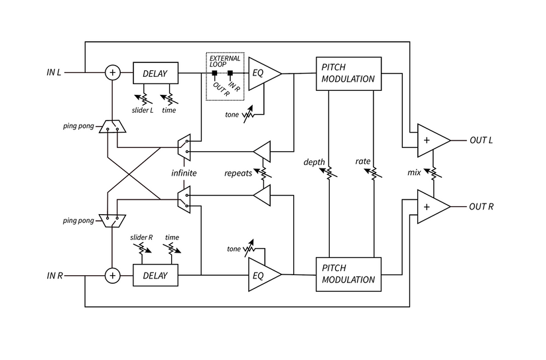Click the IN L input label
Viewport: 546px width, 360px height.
(x=54, y=72)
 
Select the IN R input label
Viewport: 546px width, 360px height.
(x=54, y=275)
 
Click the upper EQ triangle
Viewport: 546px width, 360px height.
(x=261, y=73)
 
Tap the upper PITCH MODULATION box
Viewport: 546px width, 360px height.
(x=348, y=74)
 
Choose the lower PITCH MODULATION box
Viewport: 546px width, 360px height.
(x=348, y=274)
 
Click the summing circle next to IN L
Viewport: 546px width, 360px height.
(x=113, y=73)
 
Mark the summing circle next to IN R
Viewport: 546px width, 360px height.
(x=113, y=275)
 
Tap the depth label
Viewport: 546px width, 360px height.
(x=314, y=161)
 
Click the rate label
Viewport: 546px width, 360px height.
(x=363, y=161)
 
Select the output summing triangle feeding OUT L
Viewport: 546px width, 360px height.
(x=429, y=141)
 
